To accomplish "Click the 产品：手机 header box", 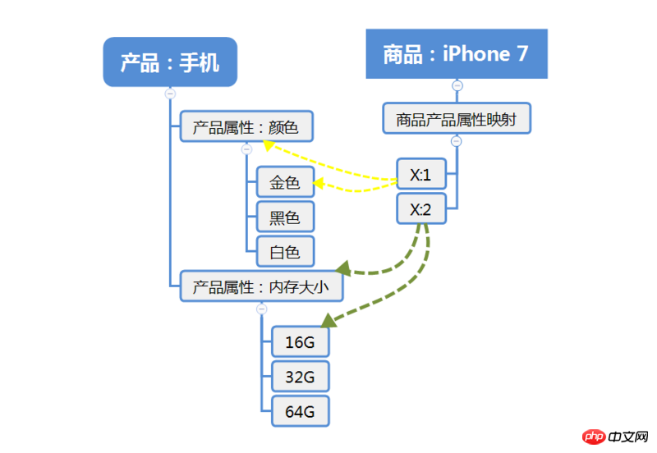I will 170,62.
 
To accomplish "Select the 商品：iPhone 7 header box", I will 456,54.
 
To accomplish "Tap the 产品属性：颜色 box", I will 246,127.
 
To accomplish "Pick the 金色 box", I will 285,183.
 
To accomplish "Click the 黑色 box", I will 285,217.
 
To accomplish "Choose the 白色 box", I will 285,252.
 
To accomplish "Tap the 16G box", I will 300,341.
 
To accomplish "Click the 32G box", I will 300,376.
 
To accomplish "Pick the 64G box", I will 300,410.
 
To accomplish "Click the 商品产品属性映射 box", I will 457,119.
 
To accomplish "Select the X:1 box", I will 421,174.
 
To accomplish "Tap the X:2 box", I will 421,208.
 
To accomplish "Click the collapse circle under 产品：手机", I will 170,94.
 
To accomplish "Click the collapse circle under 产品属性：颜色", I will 246,149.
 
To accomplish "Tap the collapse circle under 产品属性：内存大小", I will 261,309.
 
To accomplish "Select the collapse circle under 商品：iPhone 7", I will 457,85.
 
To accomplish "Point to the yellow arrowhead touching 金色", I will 316,184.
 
